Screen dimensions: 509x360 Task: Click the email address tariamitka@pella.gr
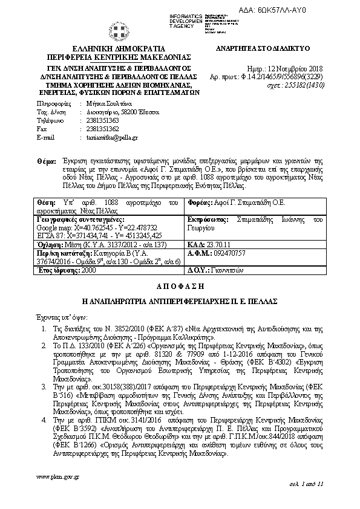click(x=108, y=138)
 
